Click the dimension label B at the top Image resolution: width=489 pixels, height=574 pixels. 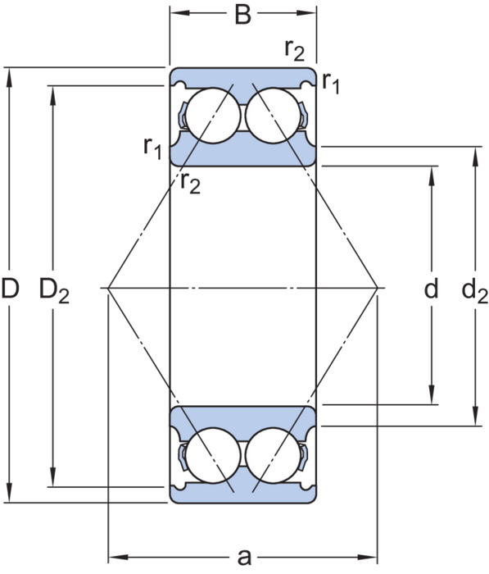[x=242, y=15]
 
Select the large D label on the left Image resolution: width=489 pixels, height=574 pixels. [x=10, y=288]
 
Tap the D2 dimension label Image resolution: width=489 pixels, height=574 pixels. [x=54, y=290]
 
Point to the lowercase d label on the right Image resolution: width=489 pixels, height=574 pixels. [x=431, y=289]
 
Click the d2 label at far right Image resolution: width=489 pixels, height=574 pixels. [x=475, y=291]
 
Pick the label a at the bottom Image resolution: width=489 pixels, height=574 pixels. [x=244, y=557]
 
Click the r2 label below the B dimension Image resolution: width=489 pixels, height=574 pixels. [x=294, y=51]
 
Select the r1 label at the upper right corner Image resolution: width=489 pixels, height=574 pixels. [x=331, y=84]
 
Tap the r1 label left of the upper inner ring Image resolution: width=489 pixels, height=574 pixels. [x=152, y=148]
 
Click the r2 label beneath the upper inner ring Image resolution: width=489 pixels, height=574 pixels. [x=191, y=183]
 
